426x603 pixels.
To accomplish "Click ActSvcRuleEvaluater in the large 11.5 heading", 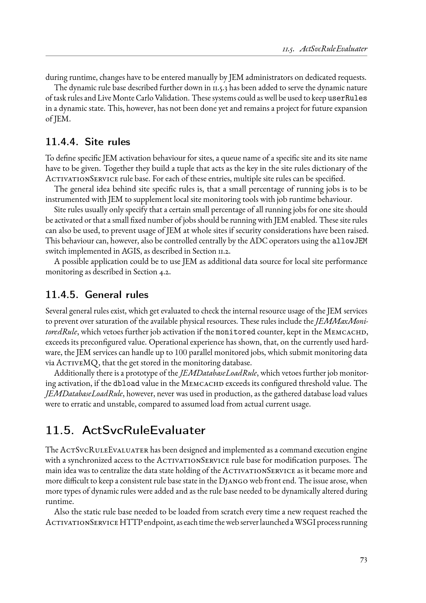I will tap(143, 430).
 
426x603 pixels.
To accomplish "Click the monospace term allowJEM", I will tap(350, 241).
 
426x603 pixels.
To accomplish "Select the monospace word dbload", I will tap(126, 384).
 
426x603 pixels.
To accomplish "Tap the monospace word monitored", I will tap(235, 332).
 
